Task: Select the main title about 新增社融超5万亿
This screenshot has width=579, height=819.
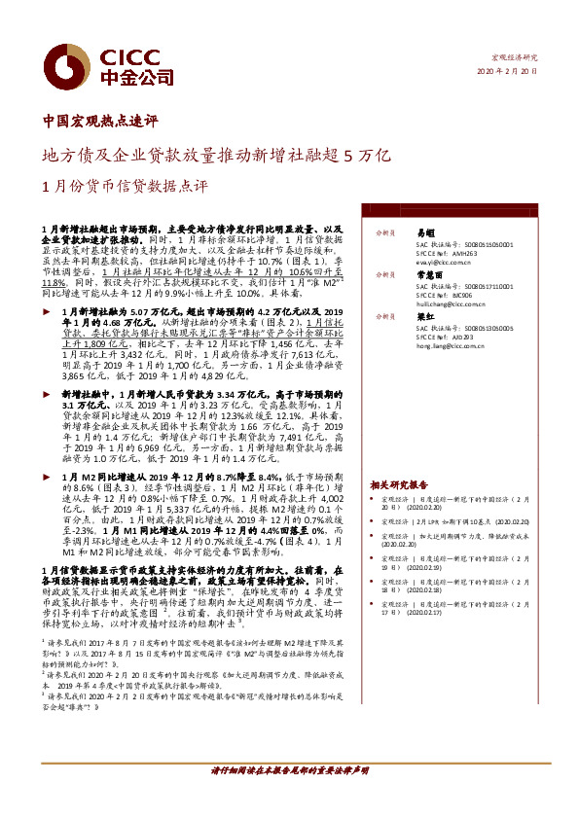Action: pyautogui.click(x=217, y=154)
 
